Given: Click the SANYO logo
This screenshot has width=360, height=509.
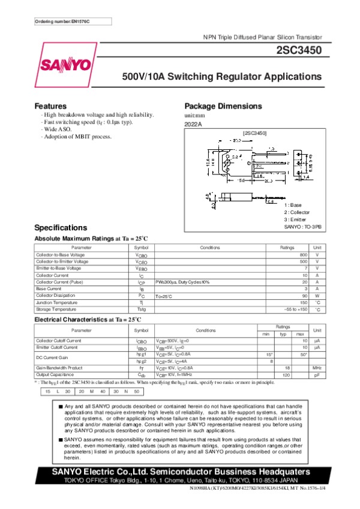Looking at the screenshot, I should click(x=66, y=65).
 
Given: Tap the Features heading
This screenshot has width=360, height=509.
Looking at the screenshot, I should click(x=50, y=106).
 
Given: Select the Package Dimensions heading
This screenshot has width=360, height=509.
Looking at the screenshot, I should click(x=223, y=106).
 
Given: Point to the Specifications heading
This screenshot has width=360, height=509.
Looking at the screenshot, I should click(x=61, y=228).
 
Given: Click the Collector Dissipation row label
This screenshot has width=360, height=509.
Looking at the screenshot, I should click(x=56, y=296).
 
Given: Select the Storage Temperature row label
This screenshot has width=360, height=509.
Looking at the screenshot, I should click(x=56, y=309).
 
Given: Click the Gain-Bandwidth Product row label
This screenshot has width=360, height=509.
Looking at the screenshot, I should click(x=59, y=367).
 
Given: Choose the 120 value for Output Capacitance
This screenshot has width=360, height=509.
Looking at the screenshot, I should click(x=287, y=374).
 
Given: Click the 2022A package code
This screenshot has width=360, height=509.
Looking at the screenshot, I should click(x=193, y=124).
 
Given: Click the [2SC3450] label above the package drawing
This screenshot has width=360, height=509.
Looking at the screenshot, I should click(x=254, y=132).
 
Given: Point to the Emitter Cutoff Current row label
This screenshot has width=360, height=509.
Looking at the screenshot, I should click(x=58, y=347).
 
